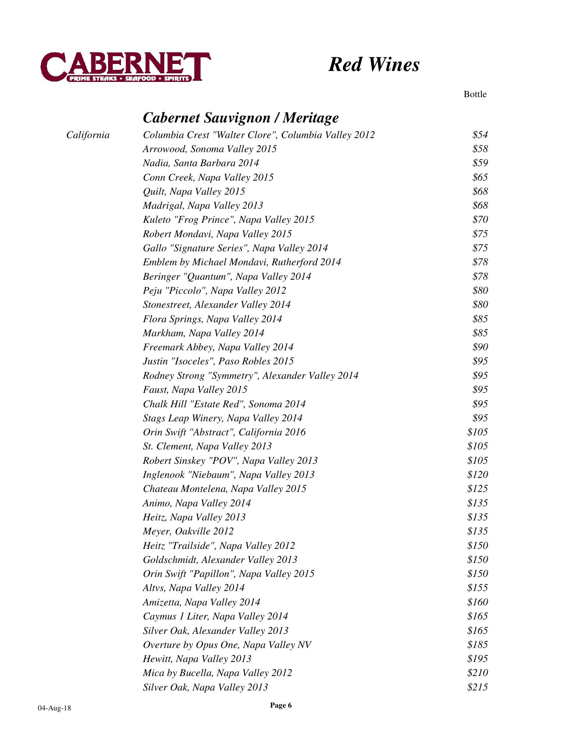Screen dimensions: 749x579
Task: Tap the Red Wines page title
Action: [374, 64]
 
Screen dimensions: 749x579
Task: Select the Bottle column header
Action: [475, 94]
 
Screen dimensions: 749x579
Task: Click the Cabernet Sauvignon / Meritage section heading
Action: [241, 117]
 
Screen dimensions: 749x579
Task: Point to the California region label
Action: [88, 135]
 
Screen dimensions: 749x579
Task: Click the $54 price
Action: [480, 135]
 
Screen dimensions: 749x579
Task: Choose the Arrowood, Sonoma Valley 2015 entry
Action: [210, 149]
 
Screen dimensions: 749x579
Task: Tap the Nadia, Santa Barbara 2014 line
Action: [201, 163]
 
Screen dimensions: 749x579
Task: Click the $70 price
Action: [480, 220]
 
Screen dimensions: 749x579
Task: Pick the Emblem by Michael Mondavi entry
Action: [242, 262]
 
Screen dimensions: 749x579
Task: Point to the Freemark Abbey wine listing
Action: [218, 347]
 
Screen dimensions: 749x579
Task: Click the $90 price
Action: [480, 347]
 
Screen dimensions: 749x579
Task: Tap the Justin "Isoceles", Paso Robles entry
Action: [218, 361]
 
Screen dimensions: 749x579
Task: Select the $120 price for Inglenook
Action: [478, 475]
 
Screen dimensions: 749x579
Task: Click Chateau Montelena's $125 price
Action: [478, 489]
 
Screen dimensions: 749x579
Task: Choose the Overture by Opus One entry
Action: [227, 645]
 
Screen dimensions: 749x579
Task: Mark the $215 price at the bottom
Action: [478, 687]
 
